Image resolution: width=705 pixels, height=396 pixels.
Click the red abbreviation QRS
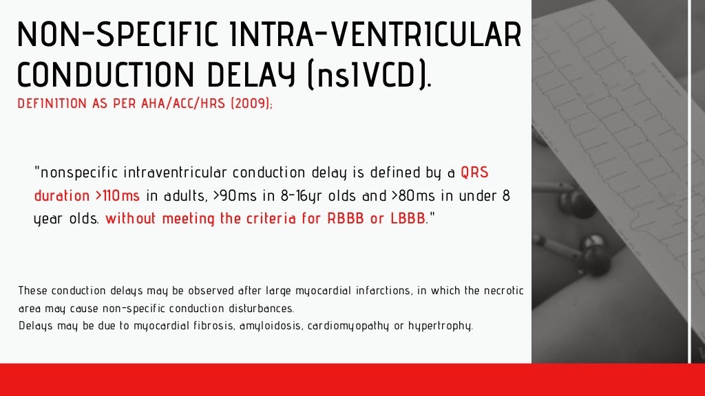coord(474,172)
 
